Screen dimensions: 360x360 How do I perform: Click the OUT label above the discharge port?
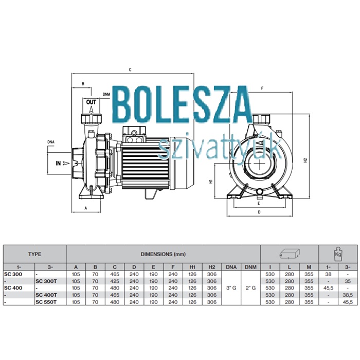coord(91,102)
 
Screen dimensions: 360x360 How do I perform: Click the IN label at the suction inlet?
coord(58,163)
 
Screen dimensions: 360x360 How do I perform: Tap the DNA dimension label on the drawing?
coord(51,142)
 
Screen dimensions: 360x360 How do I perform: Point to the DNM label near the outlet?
coord(106,94)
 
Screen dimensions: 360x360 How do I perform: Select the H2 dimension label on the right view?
coord(305,160)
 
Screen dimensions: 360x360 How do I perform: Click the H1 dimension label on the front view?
coord(211,181)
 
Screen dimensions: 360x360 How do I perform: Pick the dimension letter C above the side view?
coord(130,69)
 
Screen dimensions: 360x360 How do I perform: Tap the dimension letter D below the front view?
coord(259,212)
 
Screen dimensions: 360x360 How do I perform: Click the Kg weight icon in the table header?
coord(338,254)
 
